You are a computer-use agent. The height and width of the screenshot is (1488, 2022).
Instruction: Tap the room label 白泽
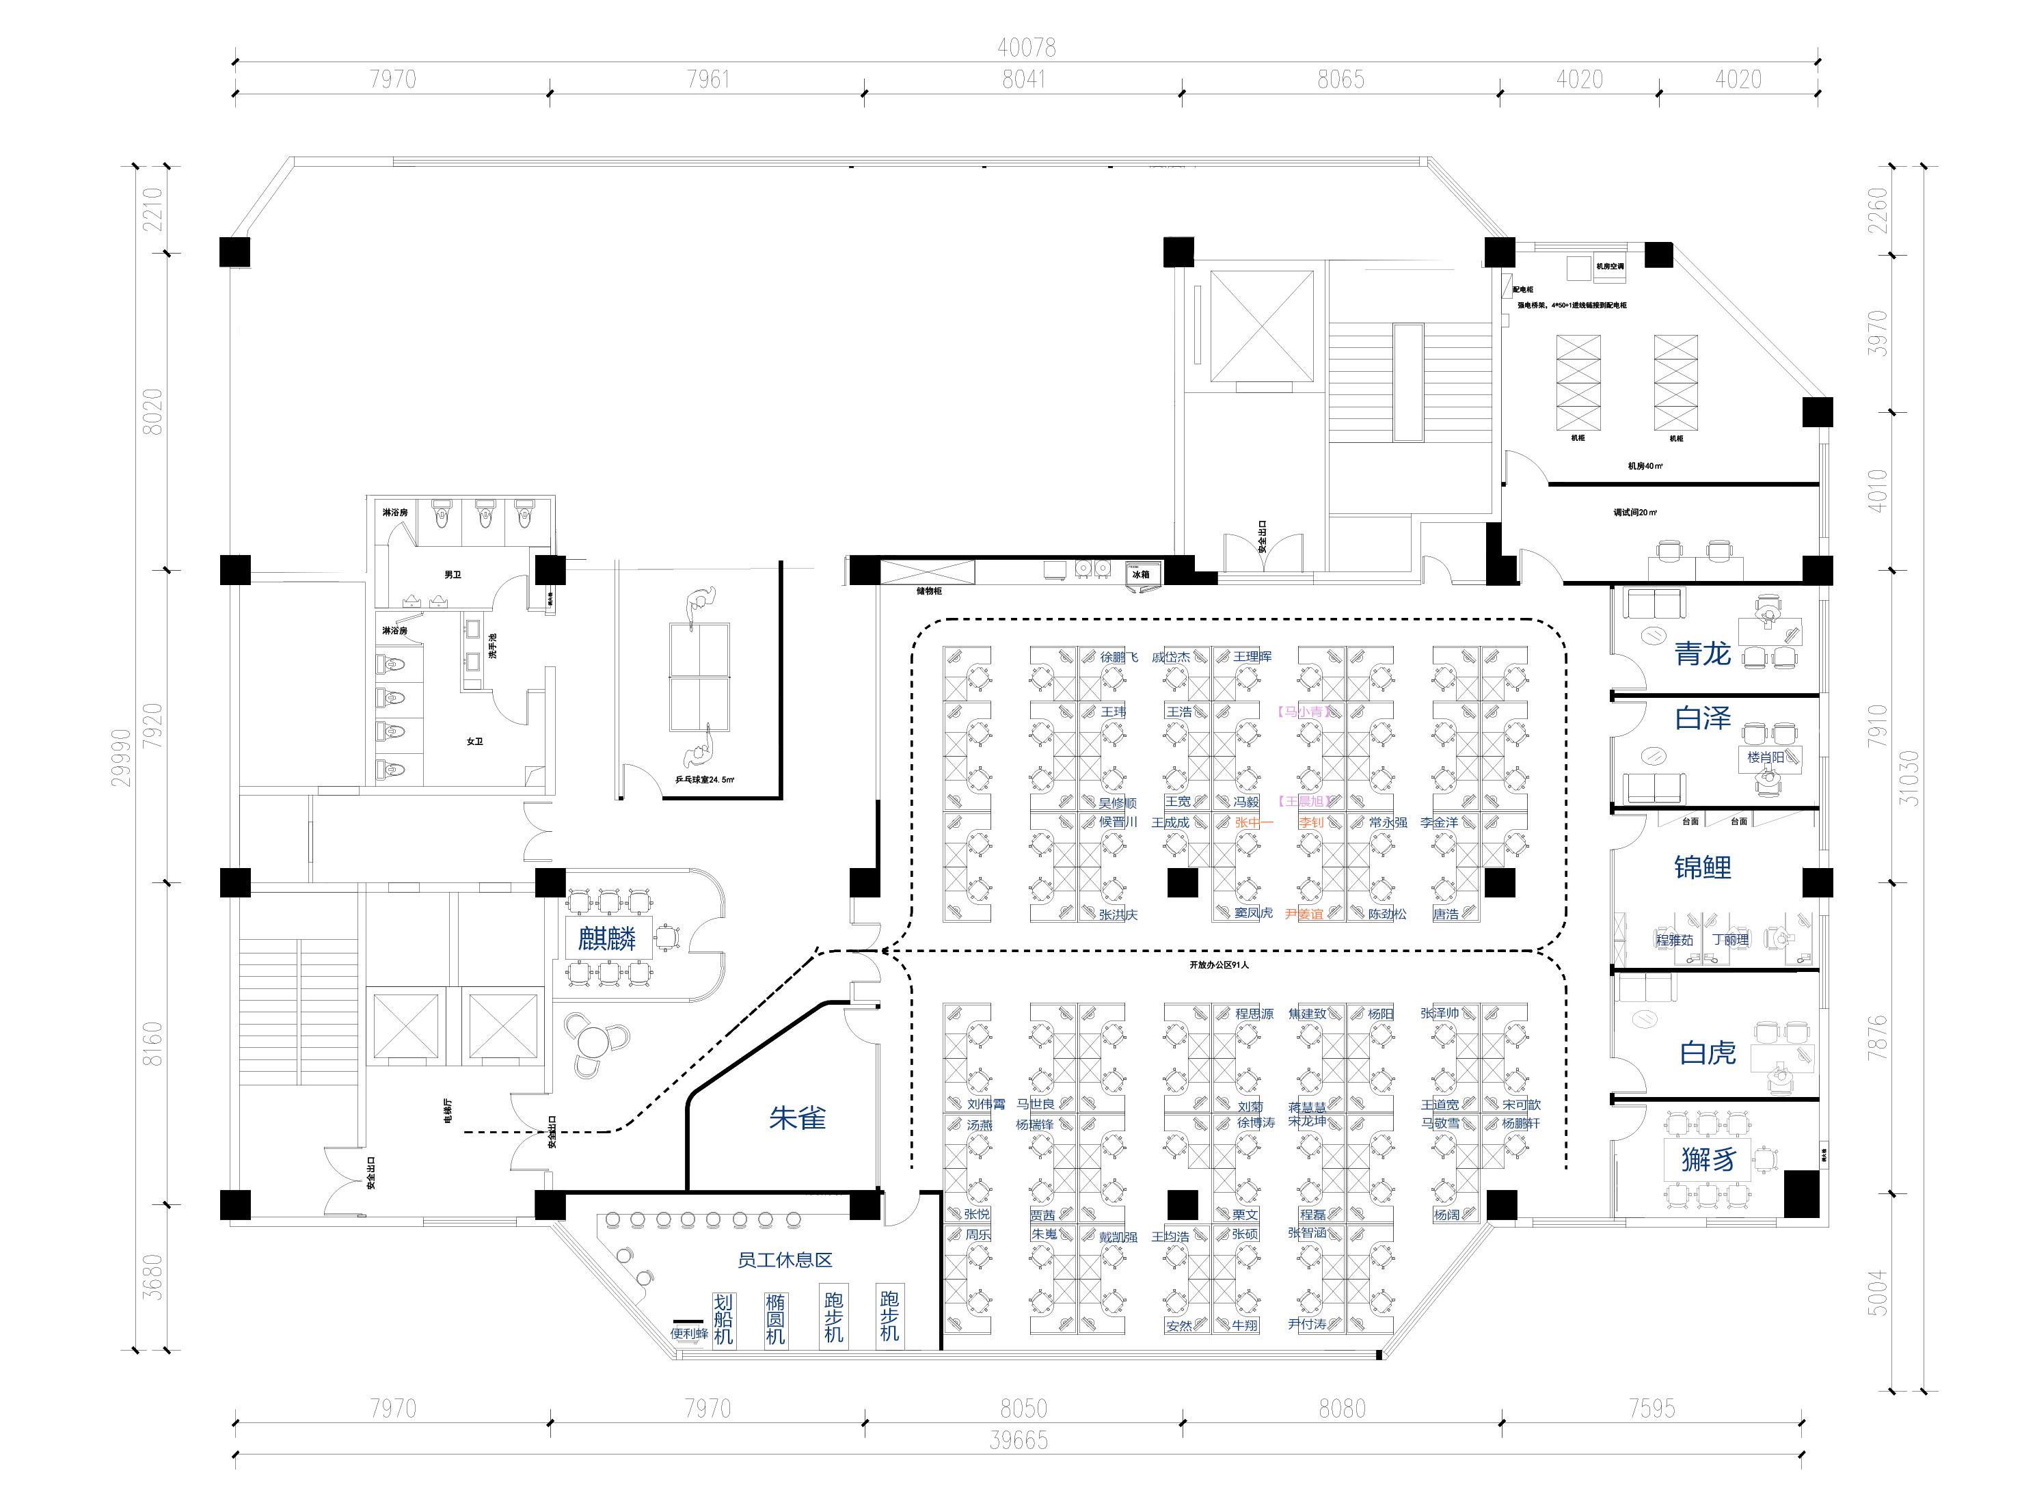pyautogui.click(x=1702, y=718)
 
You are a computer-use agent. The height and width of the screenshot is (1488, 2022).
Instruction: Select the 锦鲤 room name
pyautogui.click(x=1701, y=867)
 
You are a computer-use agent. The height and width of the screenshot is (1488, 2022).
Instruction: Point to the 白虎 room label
pyautogui.click(x=1707, y=1052)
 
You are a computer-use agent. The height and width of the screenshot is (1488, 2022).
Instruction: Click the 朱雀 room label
pyautogui.click(x=797, y=1118)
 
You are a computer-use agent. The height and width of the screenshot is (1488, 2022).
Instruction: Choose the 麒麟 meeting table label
pyautogui.click(x=607, y=939)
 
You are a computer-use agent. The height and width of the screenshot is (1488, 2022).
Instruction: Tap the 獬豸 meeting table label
pyautogui.click(x=1708, y=1159)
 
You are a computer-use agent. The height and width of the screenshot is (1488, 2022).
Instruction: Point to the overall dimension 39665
pyautogui.click(x=1019, y=1440)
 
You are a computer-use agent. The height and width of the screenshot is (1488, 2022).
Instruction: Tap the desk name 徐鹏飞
pyautogui.click(x=1118, y=658)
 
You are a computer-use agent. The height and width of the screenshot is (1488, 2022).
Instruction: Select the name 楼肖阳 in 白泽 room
pyautogui.click(x=1765, y=757)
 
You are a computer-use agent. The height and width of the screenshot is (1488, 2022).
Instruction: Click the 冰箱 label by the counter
pyautogui.click(x=1140, y=573)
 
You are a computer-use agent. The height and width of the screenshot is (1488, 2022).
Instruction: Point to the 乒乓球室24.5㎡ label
pyautogui.click(x=704, y=780)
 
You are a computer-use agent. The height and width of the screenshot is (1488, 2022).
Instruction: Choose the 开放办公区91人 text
pyautogui.click(x=1219, y=964)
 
